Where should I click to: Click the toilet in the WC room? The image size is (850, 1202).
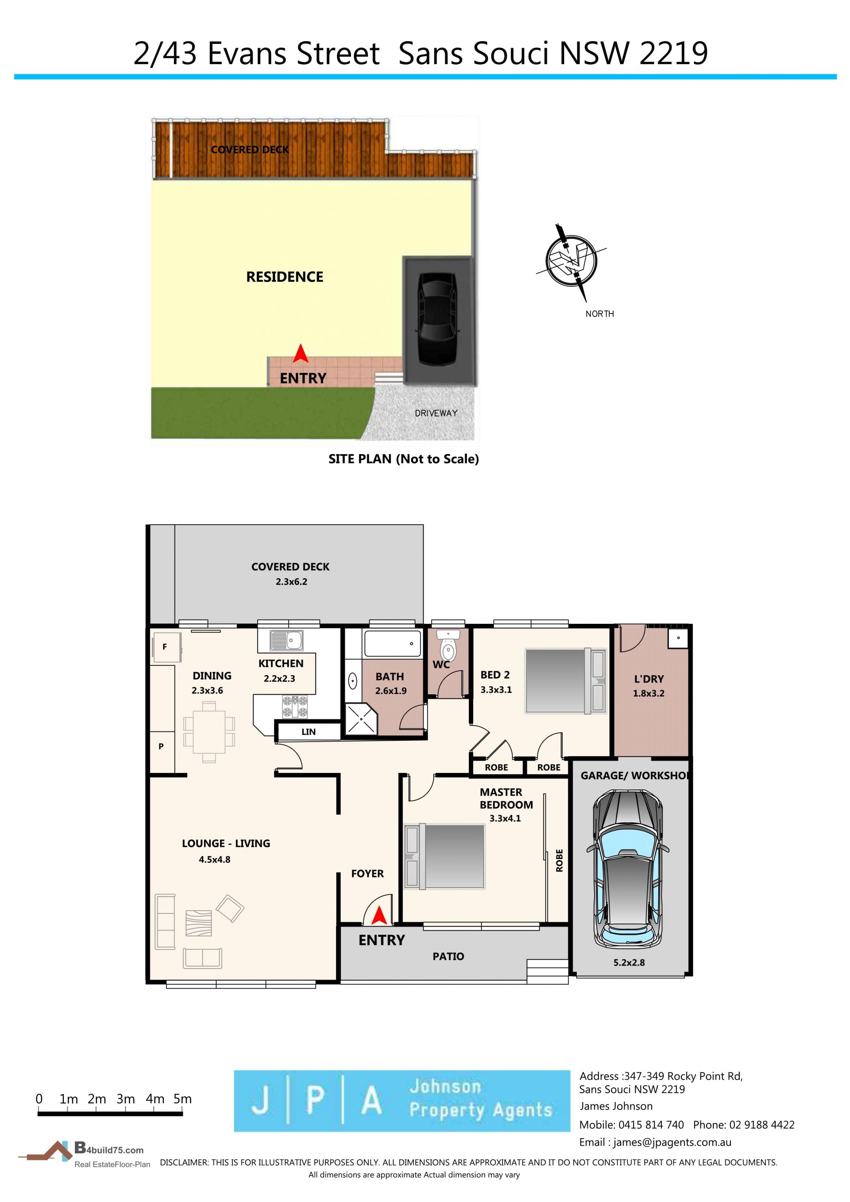pyautogui.click(x=448, y=646)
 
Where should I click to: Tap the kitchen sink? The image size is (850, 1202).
pyautogui.click(x=286, y=640)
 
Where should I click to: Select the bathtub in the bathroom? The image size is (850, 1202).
pyautogui.click(x=393, y=643)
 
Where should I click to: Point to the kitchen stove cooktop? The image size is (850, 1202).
pyautogui.click(x=295, y=706)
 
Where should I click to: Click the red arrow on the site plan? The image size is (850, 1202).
pyautogui.click(x=301, y=353)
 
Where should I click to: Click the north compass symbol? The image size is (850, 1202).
pyautogui.click(x=572, y=260)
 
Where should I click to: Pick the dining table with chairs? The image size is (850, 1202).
pyautogui.click(x=209, y=732)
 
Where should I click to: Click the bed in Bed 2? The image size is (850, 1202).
pyautogui.click(x=565, y=681)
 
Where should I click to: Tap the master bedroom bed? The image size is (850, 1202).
pyautogui.click(x=444, y=857)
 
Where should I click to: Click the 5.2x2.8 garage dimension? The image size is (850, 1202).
pyautogui.click(x=629, y=962)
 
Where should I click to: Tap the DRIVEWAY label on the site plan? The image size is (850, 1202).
pyautogui.click(x=436, y=413)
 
